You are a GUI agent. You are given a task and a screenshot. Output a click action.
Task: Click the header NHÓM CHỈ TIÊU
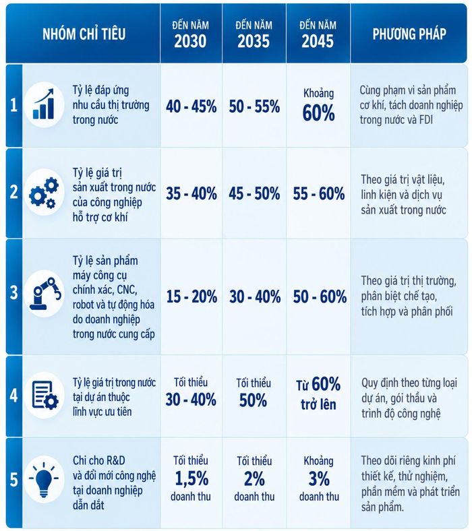[x=84, y=34]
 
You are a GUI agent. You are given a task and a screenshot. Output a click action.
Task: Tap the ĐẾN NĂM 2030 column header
[x=190, y=34]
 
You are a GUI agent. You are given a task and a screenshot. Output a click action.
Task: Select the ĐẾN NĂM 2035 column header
[x=254, y=34]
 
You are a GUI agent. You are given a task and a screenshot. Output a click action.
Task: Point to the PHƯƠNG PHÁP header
[x=409, y=34]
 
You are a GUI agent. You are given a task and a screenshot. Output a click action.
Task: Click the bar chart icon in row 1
[x=44, y=104]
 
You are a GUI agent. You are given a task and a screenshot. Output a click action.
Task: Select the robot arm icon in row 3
[x=45, y=293]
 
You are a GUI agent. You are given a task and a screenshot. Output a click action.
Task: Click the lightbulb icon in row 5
[x=44, y=478]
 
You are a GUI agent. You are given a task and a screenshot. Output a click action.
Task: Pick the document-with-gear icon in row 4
[x=45, y=395]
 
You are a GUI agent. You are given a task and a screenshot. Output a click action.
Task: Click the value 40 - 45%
[x=191, y=106]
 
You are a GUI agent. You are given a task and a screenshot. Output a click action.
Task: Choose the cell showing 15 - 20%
[x=191, y=296]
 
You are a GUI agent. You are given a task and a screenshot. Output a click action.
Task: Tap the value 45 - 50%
[x=254, y=193]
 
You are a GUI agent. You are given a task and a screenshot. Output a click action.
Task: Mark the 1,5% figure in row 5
[x=191, y=478]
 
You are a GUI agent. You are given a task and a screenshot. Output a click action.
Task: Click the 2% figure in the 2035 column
[x=254, y=479]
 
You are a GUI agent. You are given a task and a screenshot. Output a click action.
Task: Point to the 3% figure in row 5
[x=319, y=479]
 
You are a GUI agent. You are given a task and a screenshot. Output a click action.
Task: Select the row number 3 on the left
[x=14, y=292]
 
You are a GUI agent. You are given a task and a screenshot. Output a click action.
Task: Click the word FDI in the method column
[x=425, y=120]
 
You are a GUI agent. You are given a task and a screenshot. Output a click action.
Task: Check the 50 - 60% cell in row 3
[x=320, y=296]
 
